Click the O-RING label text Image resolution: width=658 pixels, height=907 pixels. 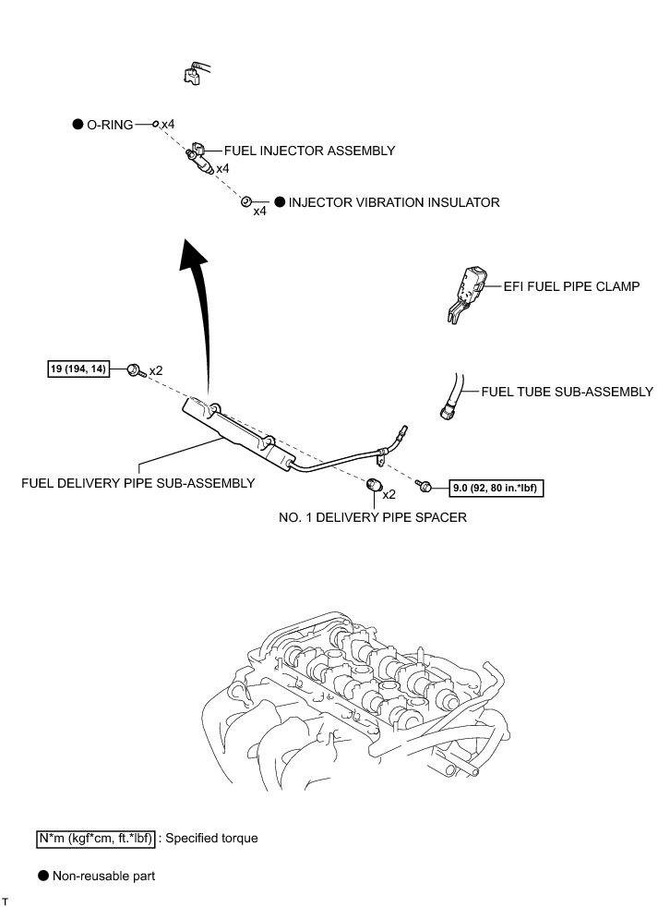[x=110, y=124]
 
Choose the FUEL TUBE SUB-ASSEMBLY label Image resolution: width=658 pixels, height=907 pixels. [x=567, y=392]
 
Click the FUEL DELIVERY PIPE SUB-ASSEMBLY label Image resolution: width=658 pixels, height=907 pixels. [x=138, y=482]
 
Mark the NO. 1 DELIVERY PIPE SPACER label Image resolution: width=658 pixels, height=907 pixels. [x=373, y=518]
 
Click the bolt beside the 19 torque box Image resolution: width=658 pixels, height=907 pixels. [x=135, y=370]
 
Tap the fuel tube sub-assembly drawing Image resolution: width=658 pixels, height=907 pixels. [x=451, y=395]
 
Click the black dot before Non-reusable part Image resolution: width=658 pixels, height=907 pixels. [x=42, y=873]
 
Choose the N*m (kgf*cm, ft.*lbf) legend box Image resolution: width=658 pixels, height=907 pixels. [x=96, y=839]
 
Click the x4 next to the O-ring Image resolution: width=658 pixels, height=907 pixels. [x=167, y=124]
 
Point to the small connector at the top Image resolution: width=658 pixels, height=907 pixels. [x=193, y=72]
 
